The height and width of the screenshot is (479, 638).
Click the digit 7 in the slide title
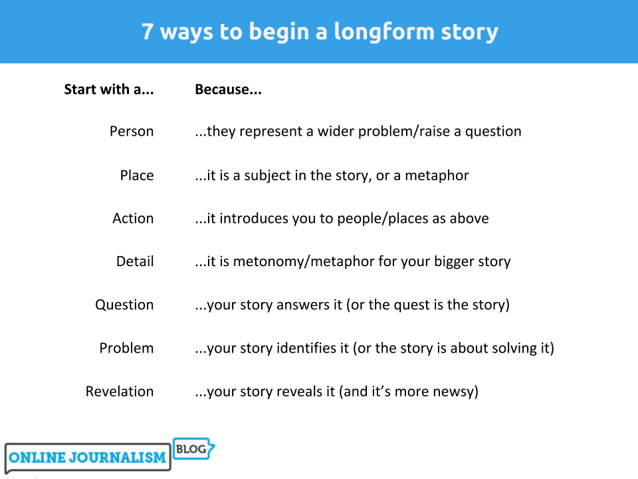point(148,31)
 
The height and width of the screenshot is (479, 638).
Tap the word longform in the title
point(384,33)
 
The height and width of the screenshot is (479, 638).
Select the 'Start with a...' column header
point(109,89)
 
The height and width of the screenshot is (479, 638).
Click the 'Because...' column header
point(228,89)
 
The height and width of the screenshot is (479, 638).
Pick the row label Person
point(132,131)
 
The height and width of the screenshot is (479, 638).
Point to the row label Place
point(137,175)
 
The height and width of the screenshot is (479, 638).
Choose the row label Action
point(133,218)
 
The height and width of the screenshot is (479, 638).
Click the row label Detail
point(135,261)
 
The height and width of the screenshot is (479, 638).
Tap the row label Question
point(124,305)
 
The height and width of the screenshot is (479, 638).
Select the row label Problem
point(126,348)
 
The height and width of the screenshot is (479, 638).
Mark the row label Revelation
point(119,391)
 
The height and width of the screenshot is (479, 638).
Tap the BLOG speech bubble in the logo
point(193,449)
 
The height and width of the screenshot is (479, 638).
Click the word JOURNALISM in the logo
point(117,458)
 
